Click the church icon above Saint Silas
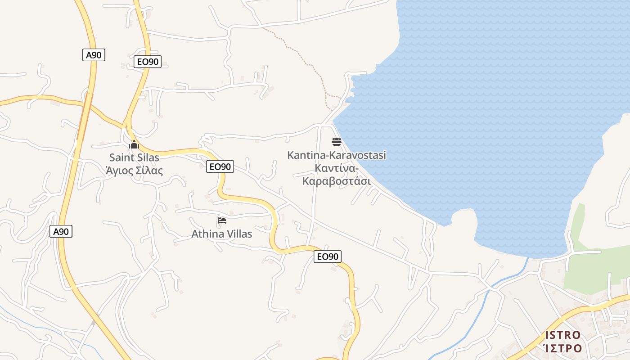click(134, 145)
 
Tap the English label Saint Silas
click(134, 157)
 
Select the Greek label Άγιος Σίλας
click(134, 171)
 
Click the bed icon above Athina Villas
click(222, 220)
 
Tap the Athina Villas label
click(222, 234)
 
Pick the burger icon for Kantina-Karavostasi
click(337, 142)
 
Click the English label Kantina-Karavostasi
click(337, 155)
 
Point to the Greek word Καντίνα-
click(337, 168)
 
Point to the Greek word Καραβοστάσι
click(337, 181)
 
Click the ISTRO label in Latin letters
click(562, 335)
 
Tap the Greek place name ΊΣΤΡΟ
click(562, 348)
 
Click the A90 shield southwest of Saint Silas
click(61, 232)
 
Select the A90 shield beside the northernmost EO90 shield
click(94, 55)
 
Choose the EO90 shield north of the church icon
click(148, 62)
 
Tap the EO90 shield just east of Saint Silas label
click(220, 166)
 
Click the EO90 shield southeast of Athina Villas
click(328, 256)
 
